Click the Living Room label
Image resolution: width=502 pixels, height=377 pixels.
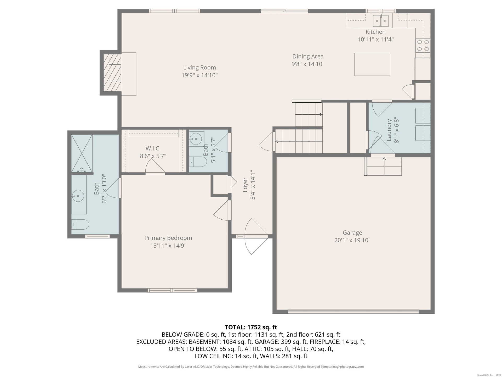pyautogui.click(x=199, y=68)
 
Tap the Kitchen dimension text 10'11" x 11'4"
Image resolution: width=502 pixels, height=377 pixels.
pyautogui.click(x=375, y=40)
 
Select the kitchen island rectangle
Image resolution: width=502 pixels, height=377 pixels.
pyautogui.click(x=372, y=64)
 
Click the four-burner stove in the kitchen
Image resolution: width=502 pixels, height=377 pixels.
pyautogui.click(x=423, y=45)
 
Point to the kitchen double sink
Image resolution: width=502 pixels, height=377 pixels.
pyautogui.click(x=381, y=21)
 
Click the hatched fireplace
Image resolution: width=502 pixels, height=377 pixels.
pyautogui.click(x=112, y=73)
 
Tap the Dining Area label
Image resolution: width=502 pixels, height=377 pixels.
pyautogui.click(x=308, y=56)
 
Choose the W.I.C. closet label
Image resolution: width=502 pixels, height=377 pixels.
pyautogui.click(x=153, y=148)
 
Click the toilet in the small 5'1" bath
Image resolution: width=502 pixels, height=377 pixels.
pyautogui.click(x=198, y=162)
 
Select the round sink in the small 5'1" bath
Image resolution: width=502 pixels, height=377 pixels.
pyautogui.click(x=195, y=137)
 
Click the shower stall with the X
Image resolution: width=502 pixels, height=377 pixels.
pyautogui.click(x=82, y=153)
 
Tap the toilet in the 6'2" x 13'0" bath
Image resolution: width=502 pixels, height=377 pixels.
pyautogui.click(x=80, y=224)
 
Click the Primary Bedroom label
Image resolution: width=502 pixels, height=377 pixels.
pyautogui.click(x=168, y=238)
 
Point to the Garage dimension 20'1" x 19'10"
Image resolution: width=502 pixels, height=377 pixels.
pyautogui.click(x=352, y=240)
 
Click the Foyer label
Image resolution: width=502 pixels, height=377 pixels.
pyautogui.click(x=245, y=185)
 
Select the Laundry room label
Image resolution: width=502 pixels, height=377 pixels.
pyautogui.click(x=389, y=130)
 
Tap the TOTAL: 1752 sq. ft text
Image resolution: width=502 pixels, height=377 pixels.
pyautogui.click(x=251, y=327)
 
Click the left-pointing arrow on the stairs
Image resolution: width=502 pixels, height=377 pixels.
pyautogui.click(x=299, y=142)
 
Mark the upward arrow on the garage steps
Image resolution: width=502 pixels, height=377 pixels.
pyautogui.click(x=384, y=166)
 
